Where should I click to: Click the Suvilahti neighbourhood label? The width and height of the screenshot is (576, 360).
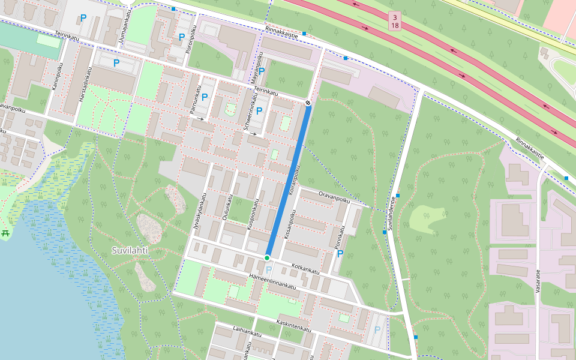pos(130,250)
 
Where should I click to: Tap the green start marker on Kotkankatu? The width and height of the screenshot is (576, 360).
pos(267,258)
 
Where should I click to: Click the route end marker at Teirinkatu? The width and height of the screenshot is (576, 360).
pos(308,103)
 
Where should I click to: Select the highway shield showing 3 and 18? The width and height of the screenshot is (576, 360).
pos(394,21)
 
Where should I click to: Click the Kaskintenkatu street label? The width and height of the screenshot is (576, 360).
pos(293,326)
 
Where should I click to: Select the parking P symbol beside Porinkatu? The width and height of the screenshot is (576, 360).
pos(340,254)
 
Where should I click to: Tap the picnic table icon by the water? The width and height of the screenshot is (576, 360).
pos(6,233)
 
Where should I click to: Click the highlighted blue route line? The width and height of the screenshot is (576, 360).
pos(288,180)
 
